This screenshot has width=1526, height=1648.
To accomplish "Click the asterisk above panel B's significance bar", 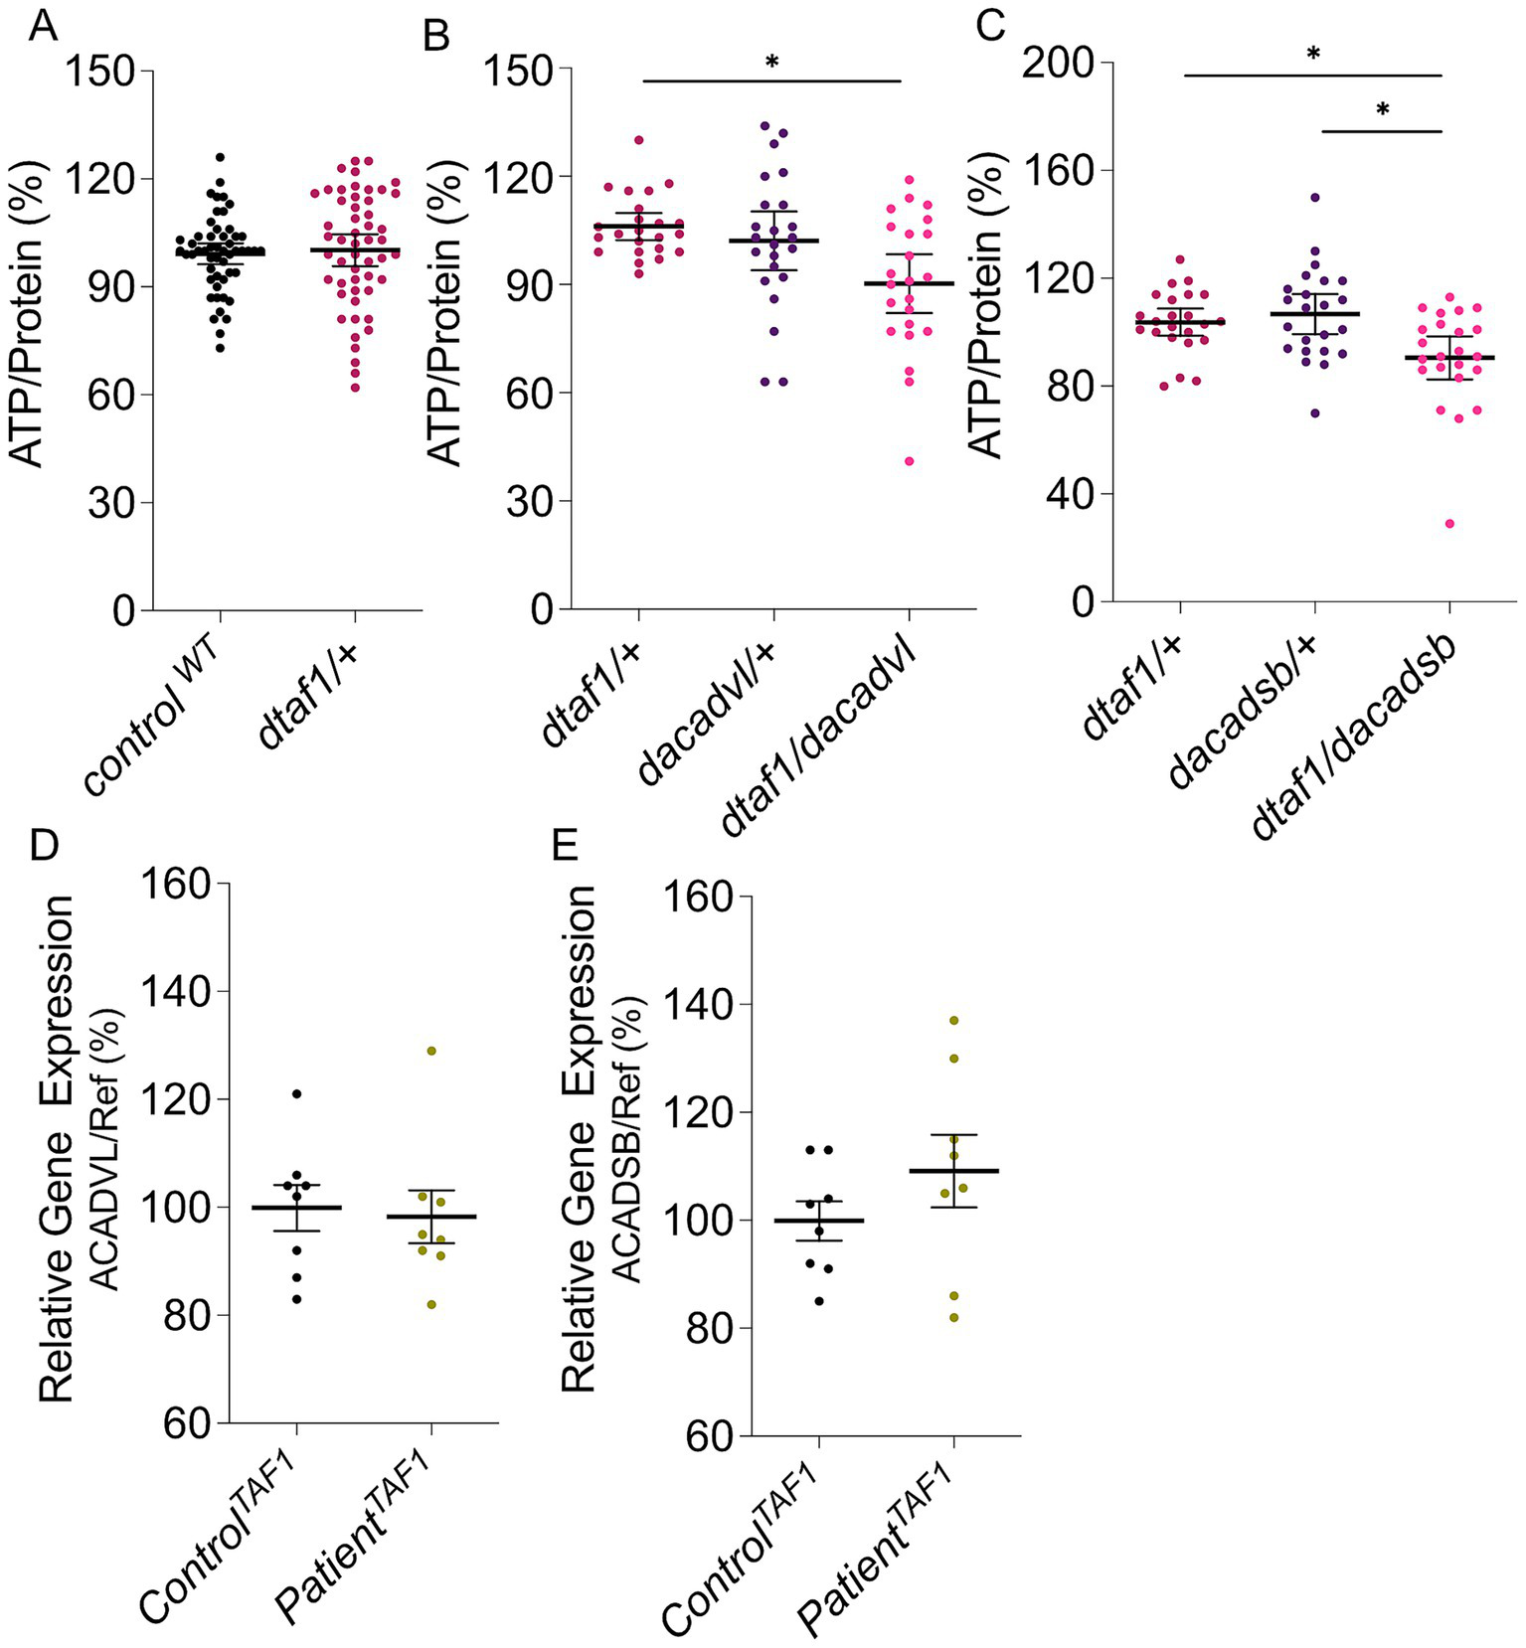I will coord(771,63).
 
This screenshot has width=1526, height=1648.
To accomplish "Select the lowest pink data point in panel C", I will coord(1449,524).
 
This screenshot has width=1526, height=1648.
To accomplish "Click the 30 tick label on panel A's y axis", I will coord(110,502).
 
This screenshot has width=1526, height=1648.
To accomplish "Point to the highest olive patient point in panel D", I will coord(431,1051).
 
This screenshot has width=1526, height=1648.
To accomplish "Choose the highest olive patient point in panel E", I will coord(954,1021).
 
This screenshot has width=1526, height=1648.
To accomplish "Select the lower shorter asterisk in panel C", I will coord(1383,110).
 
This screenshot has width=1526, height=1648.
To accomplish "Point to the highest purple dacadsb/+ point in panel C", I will coord(1315,198).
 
